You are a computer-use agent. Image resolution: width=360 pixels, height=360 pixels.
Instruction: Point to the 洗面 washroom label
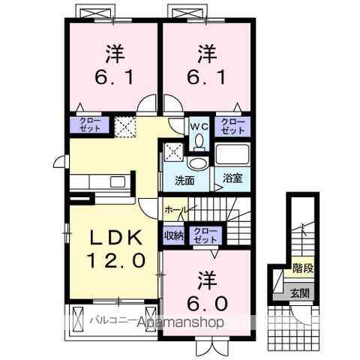[184, 180]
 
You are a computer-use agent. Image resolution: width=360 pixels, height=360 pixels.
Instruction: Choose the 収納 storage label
[173, 235]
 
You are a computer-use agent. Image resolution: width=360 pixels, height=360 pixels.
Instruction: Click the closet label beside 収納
[201, 235]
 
